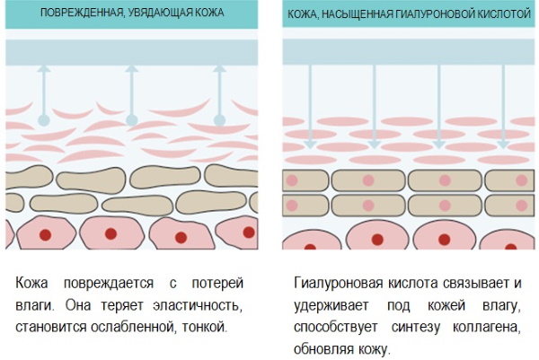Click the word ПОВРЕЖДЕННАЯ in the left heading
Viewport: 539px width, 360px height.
pos(81,13)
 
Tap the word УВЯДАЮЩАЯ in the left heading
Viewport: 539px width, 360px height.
pos(160,13)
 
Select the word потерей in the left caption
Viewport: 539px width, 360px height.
pos(217,284)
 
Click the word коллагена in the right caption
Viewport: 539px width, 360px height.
pos(486,328)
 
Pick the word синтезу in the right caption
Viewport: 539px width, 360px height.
pos(416,328)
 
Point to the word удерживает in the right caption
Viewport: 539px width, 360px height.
pos(331,305)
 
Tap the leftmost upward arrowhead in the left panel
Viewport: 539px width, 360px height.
pos(44,69)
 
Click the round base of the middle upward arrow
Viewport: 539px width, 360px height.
pos(132,120)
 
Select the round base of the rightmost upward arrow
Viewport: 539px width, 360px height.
pos(219,120)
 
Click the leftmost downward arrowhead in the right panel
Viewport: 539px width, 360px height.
pos(310,145)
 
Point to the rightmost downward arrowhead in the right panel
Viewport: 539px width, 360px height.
pos(503,145)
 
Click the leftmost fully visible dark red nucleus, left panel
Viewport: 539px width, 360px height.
pos(46,235)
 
